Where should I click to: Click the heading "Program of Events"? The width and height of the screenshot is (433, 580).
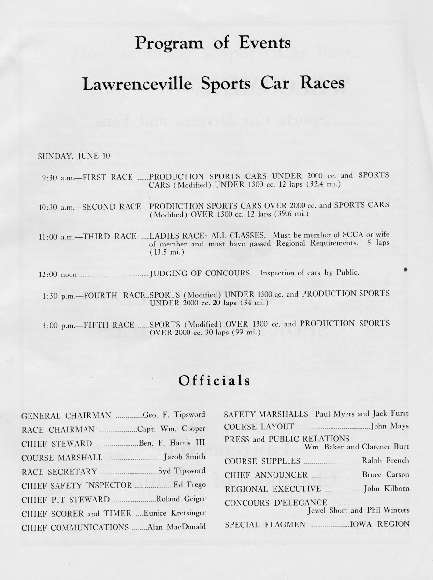[213, 43]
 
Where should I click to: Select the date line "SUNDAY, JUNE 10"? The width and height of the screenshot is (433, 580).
[69, 156]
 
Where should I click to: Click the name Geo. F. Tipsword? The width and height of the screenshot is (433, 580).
[174, 415]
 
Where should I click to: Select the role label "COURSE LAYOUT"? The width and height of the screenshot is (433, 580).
[259, 426]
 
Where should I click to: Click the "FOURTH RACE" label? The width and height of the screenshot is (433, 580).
[115, 294]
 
